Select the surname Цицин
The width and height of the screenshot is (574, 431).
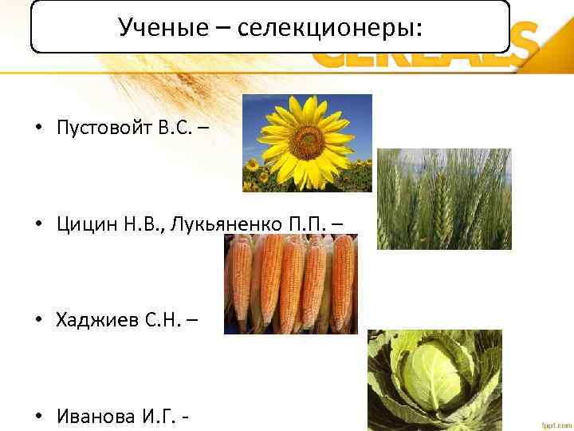(x=77, y=224)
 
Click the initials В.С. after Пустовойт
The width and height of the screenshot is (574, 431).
(x=172, y=128)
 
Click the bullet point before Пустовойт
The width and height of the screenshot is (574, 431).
(x=37, y=129)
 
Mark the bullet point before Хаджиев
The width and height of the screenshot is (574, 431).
(x=37, y=321)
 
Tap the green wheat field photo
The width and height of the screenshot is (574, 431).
(x=443, y=199)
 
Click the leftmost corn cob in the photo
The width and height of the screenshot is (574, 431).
(x=241, y=287)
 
